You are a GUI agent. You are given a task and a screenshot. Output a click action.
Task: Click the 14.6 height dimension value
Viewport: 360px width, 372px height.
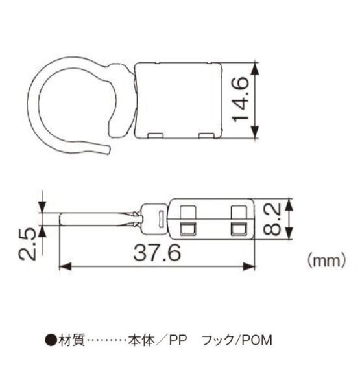(241, 99)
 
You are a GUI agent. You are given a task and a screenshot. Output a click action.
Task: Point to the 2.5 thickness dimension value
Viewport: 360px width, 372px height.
(27, 243)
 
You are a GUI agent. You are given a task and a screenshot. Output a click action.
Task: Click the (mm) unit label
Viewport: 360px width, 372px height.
(322, 260)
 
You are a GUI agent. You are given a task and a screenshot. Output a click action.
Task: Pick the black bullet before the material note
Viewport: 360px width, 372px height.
(49, 340)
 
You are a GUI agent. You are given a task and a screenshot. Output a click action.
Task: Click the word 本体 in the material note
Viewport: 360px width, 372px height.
(138, 340)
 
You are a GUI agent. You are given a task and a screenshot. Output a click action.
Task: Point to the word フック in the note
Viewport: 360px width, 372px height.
(215, 340)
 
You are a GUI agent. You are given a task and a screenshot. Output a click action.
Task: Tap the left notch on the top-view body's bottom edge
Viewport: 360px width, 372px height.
(156, 135)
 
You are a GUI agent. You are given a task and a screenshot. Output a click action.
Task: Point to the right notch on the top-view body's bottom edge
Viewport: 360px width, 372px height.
(206, 135)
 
